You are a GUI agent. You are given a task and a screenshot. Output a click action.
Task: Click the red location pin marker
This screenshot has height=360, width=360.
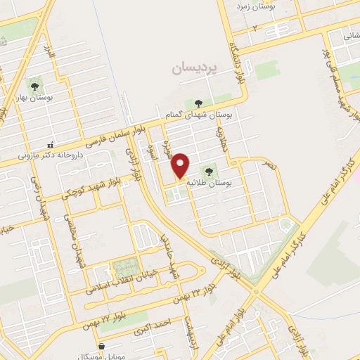click(181, 165)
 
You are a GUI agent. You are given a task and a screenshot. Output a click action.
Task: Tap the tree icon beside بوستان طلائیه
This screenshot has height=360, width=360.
click(209, 170)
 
